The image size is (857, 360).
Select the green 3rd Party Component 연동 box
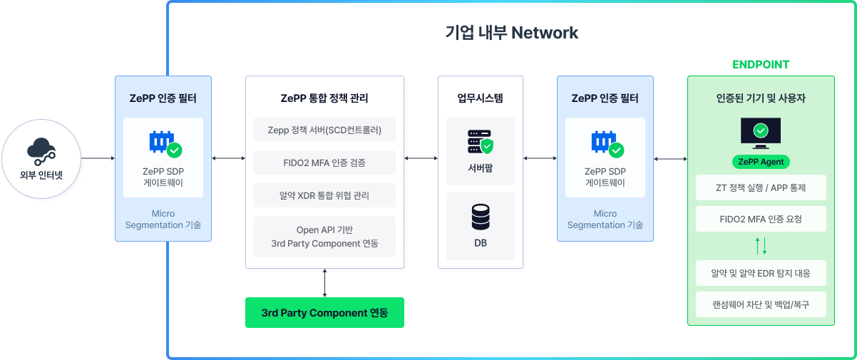click(x=324, y=313)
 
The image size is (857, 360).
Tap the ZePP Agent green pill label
click(x=761, y=162)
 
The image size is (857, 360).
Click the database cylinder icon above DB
click(x=480, y=217)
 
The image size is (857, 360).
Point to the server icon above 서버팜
click(x=480, y=143)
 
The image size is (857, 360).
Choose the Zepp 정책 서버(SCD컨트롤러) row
click(x=324, y=130)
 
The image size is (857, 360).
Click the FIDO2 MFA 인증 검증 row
click(x=324, y=163)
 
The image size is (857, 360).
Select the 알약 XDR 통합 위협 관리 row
click(x=324, y=195)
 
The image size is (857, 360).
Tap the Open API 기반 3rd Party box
click(x=324, y=237)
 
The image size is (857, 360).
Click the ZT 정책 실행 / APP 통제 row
click(x=761, y=187)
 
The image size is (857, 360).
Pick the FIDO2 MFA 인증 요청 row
click(x=761, y=220)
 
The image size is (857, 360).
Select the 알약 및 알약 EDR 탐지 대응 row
click(x=761, y=273)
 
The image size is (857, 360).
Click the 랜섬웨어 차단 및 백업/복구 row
click(x=761, y=305)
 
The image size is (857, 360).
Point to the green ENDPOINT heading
click(x=761, y=64)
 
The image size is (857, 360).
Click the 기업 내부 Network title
click(x=511, y=33)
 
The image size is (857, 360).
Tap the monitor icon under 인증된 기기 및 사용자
click(x=761, y=132)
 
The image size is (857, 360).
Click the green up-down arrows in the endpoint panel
click(x=761, y=247)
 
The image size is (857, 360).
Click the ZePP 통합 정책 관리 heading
click(x=324, y=98)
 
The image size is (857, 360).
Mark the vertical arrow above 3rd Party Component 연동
click(x=324, y=283)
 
